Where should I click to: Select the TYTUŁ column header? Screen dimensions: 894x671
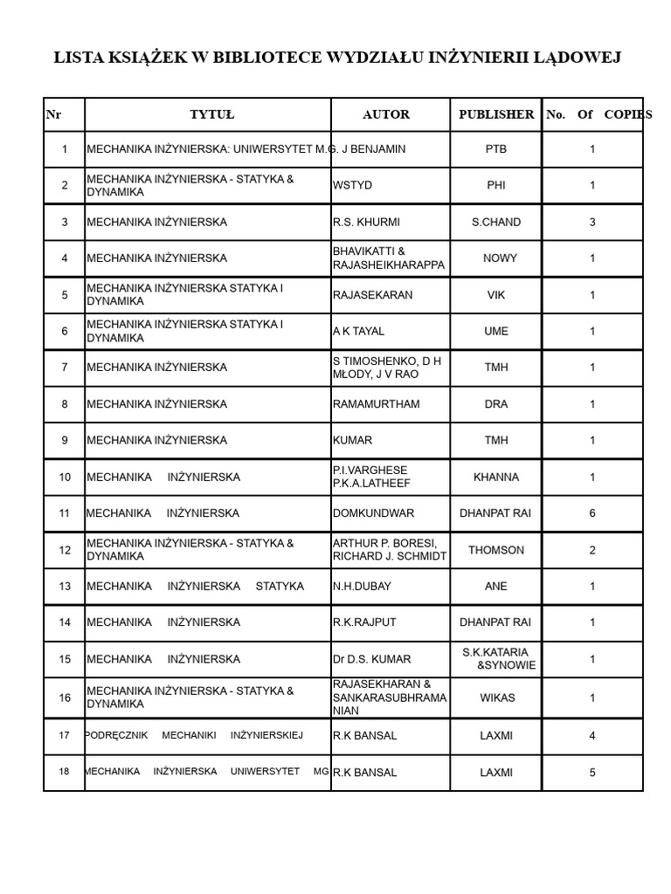(212, 114)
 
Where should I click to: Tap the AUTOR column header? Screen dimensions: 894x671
(386, 114)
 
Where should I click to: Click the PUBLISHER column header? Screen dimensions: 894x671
(496, 114)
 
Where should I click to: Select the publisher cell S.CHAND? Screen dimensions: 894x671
(496, 223)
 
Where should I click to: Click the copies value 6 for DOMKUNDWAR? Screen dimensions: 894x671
(592, 513)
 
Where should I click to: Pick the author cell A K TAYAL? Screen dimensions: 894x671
(358, 332)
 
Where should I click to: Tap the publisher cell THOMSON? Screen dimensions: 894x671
(496, 550)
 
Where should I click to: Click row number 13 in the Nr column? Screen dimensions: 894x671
(65, 587)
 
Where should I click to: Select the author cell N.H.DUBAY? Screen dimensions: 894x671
(362, 587)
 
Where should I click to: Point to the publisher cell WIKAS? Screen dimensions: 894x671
(496, 698)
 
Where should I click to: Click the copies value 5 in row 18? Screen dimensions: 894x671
(592, 773)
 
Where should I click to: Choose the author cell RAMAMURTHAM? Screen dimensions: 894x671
(376, 404)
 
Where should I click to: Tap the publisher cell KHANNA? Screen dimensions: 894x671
(496, 478)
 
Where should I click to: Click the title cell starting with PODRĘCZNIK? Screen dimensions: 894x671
(194, 736)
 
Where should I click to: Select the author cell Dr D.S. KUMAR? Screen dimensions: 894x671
(371, 659)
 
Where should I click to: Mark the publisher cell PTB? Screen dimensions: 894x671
(496, 149)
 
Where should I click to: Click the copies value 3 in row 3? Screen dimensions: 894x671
(592, 223)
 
